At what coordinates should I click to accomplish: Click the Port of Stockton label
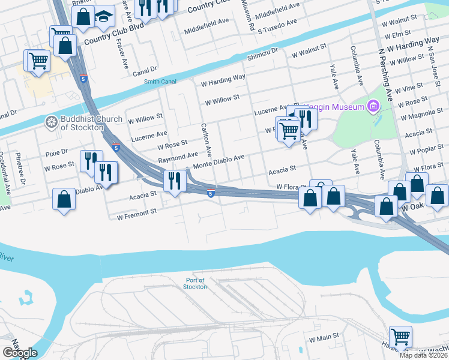tap(195, 283)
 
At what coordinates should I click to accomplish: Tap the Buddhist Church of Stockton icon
tap(51, 122)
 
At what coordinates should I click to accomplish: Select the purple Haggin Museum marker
tap(374, 107)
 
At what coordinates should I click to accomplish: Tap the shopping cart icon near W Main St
tap(400, 336)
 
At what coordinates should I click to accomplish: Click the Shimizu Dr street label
tap(263, 53)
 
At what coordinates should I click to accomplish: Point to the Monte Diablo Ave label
tap(218, 158)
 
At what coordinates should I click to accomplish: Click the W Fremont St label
tap(137, 211)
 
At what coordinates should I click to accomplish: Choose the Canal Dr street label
tap(145, 70)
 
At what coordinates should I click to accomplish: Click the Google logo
tap(20, 353)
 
